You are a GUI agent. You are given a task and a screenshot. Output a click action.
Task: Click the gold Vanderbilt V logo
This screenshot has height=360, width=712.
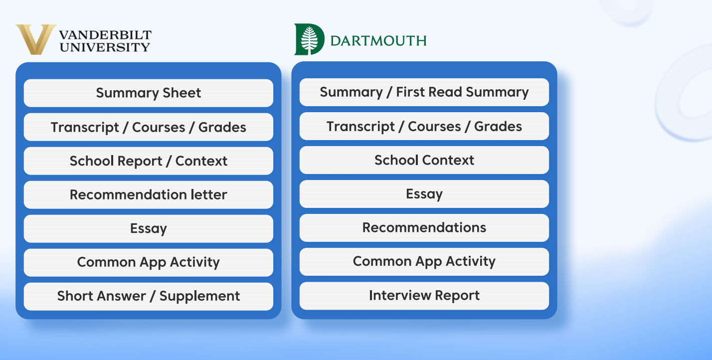point(36,39)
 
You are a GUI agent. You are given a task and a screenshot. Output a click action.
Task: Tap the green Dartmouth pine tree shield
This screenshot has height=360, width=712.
point(309,39)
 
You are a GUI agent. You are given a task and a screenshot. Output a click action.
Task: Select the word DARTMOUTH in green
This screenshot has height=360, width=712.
point(378,41)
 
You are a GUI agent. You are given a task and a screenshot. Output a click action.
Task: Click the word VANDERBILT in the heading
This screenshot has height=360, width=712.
point(105,35)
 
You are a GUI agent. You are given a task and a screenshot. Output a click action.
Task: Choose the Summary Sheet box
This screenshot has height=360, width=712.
point(149,93)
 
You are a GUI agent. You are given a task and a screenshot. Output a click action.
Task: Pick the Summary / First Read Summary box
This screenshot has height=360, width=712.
point(424,92)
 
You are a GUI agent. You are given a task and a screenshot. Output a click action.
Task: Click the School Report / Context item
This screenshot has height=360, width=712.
point(149,161)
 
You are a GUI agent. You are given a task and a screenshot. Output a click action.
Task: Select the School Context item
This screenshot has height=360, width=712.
point(424,160)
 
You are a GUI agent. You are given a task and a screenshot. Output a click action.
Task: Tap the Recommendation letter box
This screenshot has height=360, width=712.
point(149,195)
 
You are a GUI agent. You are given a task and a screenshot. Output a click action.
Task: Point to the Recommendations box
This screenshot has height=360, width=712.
point(424,228)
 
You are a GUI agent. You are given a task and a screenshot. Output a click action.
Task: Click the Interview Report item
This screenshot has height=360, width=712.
point(424,296)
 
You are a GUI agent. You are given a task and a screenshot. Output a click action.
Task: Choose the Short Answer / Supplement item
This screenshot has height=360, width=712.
point(149,297)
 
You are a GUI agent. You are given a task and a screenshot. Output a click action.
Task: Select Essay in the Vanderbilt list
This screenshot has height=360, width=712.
point(149,229)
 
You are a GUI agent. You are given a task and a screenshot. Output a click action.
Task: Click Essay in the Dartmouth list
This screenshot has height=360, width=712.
point(424,194)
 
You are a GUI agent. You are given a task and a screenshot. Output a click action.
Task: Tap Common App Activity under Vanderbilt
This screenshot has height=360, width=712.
point(149,262)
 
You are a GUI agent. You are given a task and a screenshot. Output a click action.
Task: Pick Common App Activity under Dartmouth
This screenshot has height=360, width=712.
point(424,262)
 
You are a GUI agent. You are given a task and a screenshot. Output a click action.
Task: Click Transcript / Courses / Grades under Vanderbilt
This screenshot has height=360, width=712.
point(149,127)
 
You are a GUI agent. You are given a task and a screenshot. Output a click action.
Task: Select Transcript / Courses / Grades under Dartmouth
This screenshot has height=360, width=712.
point(424,126)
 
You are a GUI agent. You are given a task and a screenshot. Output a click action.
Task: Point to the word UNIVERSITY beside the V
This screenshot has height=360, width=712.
point(105,47)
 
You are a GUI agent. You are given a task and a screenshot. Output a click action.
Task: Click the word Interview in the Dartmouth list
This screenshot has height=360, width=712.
point(400,295)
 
